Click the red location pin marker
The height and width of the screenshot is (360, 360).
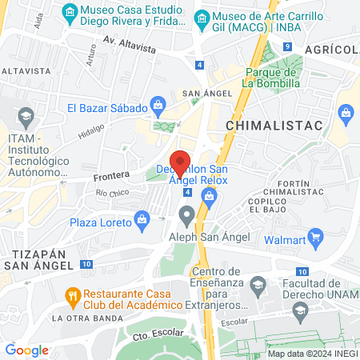(181, 162)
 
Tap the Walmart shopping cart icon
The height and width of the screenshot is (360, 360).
(316, 236)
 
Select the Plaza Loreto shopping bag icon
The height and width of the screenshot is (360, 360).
(142, 218)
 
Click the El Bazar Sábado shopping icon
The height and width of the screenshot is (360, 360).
(158, 105)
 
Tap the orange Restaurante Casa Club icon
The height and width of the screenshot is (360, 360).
(71, 294)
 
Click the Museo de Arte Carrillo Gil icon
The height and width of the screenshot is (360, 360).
(202, 18)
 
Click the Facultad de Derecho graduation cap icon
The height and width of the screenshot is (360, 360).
(258, 285)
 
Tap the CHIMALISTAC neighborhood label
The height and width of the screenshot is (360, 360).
(274, 126)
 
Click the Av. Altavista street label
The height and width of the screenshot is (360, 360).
(129, 48)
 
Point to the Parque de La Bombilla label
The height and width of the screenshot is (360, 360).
(271, 77)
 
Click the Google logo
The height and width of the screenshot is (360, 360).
(26, 350)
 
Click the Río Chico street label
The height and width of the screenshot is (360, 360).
(112, 193)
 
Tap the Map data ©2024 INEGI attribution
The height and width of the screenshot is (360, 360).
(312, 354)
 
